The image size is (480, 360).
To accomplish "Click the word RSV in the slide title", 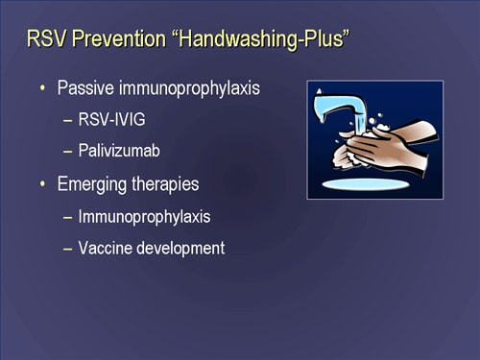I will tap(46, 40).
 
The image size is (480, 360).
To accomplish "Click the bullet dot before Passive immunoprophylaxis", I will tap(42, 88).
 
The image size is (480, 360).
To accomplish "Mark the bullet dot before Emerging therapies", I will tap(42, 184).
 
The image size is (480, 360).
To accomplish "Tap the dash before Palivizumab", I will tap(67, 152).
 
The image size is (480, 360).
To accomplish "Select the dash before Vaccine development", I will tap(67, 249).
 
